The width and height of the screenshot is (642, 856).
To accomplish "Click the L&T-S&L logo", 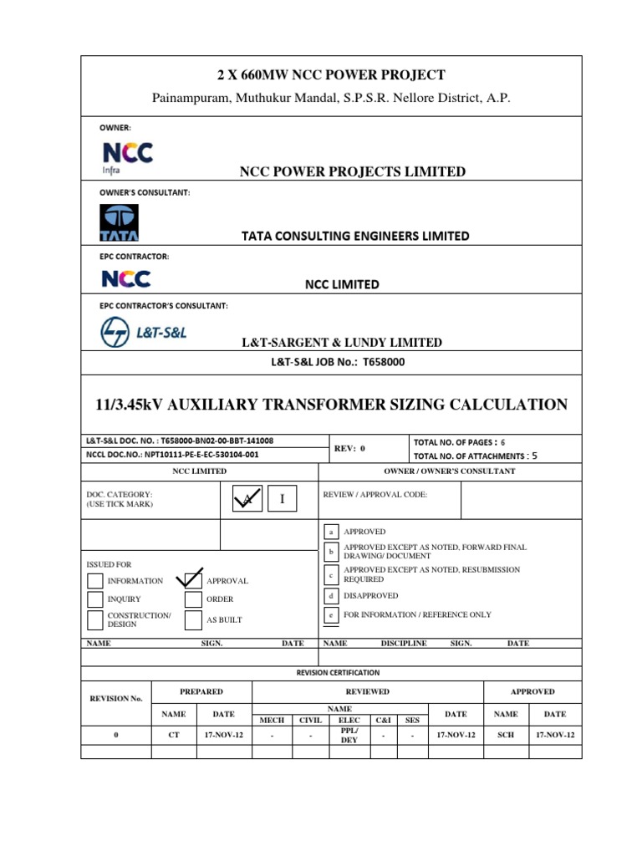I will point(143,332).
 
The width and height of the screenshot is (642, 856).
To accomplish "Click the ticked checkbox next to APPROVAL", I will point(193,578).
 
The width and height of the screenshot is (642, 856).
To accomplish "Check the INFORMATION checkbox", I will point(95,580).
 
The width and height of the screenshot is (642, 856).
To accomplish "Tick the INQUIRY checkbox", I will point(95,599).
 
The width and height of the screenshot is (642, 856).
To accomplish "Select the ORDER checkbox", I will point(193,599).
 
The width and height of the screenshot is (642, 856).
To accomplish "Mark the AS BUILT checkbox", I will point(193,619).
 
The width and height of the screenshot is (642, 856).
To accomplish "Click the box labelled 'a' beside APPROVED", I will point(331,532).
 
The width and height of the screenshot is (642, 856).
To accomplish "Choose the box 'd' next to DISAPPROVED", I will point(331,596).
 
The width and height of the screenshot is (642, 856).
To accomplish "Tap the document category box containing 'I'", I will point(283,500).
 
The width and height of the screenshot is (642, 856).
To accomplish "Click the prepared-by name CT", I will point(174,734).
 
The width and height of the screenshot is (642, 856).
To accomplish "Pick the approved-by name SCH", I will point(506,734).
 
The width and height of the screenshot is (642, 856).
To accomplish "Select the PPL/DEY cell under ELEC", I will point(349,734).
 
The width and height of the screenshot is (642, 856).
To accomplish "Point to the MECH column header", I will point(273,719).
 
